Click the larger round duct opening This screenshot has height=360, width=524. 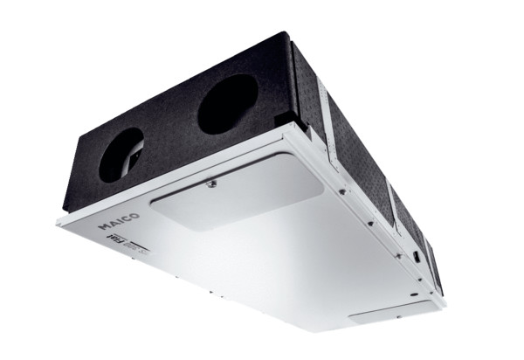click(227, 103)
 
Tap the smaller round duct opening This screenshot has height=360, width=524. click(121, 155)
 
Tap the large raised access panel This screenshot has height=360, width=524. click(236, 197)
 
